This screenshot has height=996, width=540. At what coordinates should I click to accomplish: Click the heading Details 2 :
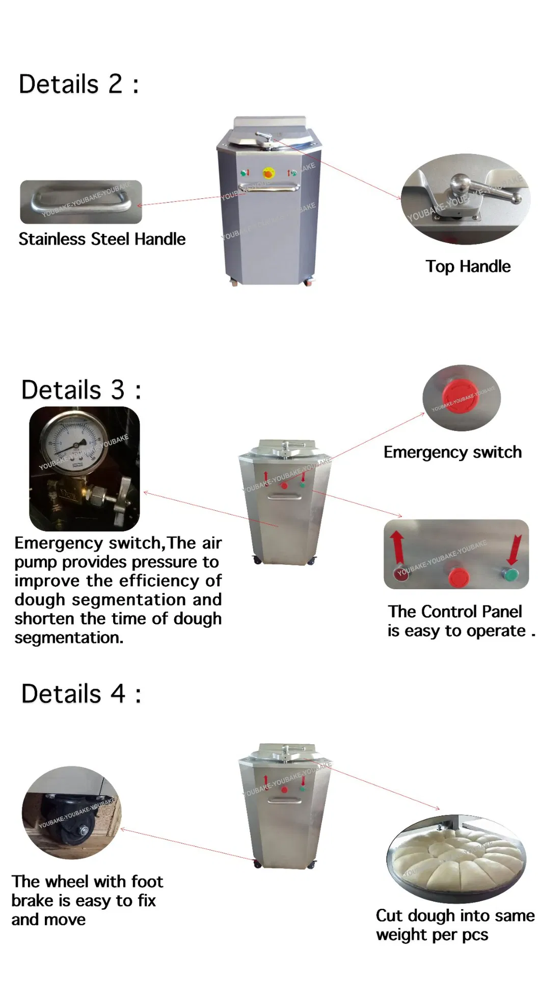78,84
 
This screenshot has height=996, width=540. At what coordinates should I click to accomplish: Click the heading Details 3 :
81,390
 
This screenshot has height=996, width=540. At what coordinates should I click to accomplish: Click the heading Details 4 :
81,694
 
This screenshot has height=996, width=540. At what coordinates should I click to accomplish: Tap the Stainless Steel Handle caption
102,239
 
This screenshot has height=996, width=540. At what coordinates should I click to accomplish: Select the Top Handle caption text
468,266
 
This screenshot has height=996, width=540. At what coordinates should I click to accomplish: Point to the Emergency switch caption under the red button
452,452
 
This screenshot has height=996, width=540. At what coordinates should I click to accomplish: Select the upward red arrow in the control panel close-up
397,547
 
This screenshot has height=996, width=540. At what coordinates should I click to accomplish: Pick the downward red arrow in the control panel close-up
515,549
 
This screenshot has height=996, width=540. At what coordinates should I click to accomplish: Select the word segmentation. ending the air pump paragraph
69,638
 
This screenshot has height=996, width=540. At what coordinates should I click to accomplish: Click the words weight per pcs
432,935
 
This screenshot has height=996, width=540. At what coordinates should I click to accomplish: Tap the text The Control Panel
455,611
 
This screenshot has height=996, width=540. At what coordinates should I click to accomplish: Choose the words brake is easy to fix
84,901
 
